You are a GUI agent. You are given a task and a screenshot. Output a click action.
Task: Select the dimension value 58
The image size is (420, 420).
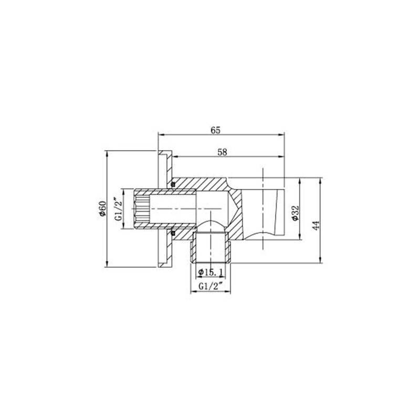[x=222, y=152]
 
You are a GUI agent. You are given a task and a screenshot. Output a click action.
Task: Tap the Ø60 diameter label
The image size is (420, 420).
[x=102, y=209]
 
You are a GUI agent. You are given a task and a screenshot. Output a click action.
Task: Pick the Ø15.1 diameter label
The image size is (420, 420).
[x=212, y=271]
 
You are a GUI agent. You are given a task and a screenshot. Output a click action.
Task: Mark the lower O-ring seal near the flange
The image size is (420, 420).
[x=172, y=233]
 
